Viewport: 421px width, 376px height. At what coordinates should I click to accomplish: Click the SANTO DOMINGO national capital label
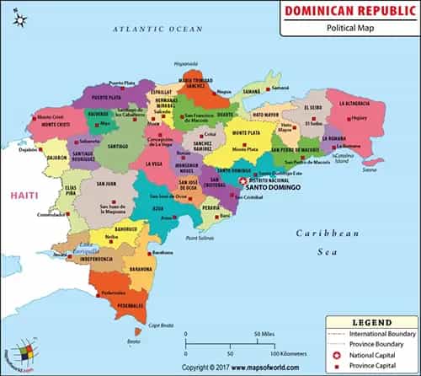coord(269,187)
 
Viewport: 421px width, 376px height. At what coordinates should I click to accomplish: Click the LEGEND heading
coord(370,323)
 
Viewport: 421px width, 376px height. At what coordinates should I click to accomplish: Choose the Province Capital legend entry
coord(376,365)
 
